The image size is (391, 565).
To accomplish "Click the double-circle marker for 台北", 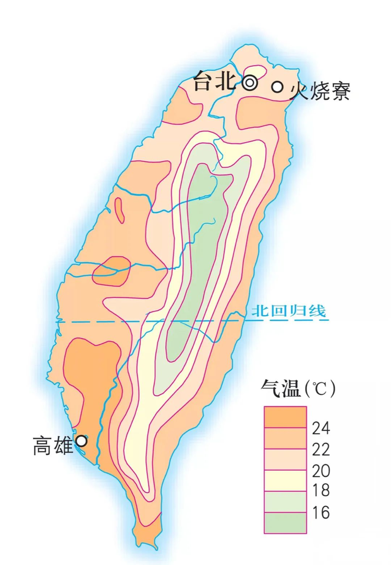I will point(250,83).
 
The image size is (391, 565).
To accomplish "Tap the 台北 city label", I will point(216,82).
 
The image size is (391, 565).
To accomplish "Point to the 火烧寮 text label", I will point(320,90).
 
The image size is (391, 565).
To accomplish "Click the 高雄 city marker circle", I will point(81,441).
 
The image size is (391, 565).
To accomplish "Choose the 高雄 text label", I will point(53,446).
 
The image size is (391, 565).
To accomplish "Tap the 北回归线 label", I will point(288,311).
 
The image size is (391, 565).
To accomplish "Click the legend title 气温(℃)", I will point(298,388).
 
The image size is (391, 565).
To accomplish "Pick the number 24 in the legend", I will point(321,429).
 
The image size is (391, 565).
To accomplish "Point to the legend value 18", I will point(321,491).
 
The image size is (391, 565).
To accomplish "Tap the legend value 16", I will point(321,512).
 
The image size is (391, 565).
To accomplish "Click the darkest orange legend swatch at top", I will point(285,417).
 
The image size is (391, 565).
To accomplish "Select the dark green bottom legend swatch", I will point(285,523).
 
